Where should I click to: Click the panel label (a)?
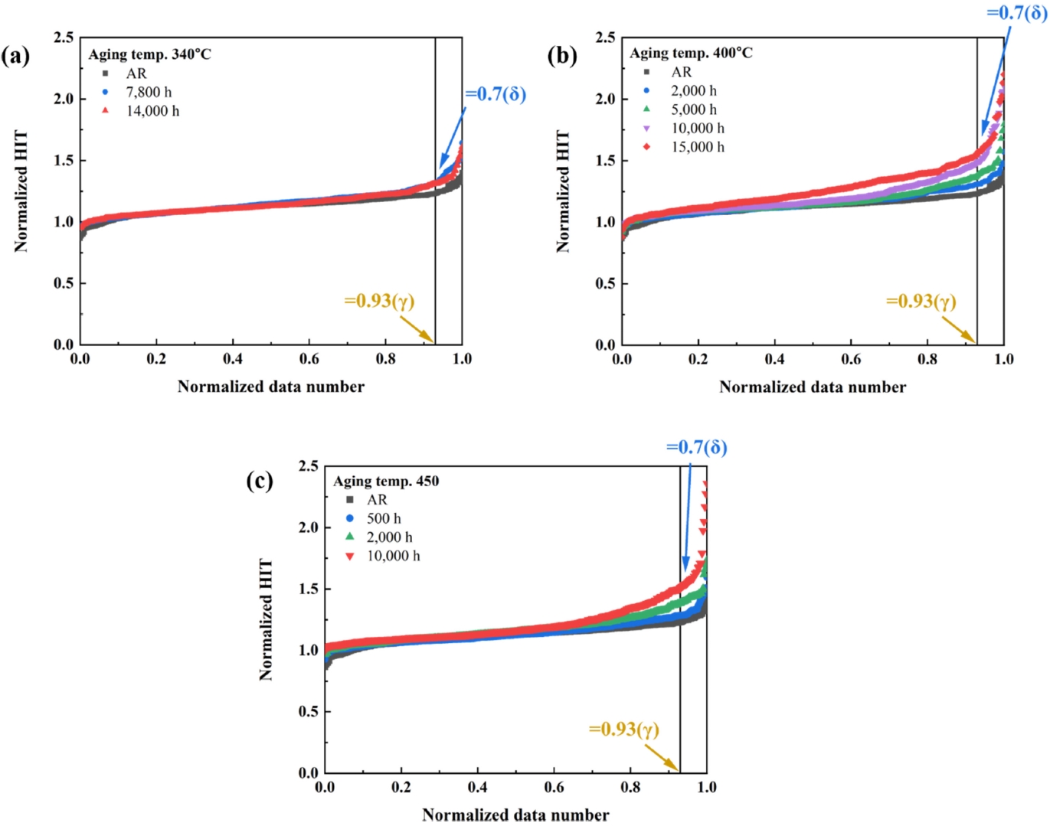click(x=15, y=56)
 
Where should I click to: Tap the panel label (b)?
click(x=562, y=56)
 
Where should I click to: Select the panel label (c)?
click(x=260, y=481)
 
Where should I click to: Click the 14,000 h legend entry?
click(x=152, y=111)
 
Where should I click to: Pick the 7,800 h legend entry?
click(x=149, y=93)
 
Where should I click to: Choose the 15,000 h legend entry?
click(x=697, y=147)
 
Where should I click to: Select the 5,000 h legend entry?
click(x=694, y=109)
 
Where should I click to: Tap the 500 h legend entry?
click(x=383, y=519)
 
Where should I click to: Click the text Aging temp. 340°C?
click(x=149, y=54)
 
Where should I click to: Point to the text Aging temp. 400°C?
click(x=691, y=53)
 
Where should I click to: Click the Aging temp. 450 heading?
click(x=386, y=482)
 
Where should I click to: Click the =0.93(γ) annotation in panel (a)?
click(x=379, y=301)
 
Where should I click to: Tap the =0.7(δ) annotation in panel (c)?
click(x=696, y=447)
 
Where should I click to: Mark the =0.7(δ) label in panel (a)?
click(x=496, y=94)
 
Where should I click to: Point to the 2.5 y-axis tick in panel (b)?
click(x=605, y=38)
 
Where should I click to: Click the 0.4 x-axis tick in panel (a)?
click(x=233, y=359)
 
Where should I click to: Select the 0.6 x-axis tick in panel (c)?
click(x=554, y=787)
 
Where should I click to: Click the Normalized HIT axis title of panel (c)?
click(x=266, y=619)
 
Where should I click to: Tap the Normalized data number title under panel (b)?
click(x=813, y=387)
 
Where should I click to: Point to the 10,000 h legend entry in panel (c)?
click(x=393, y=557)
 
